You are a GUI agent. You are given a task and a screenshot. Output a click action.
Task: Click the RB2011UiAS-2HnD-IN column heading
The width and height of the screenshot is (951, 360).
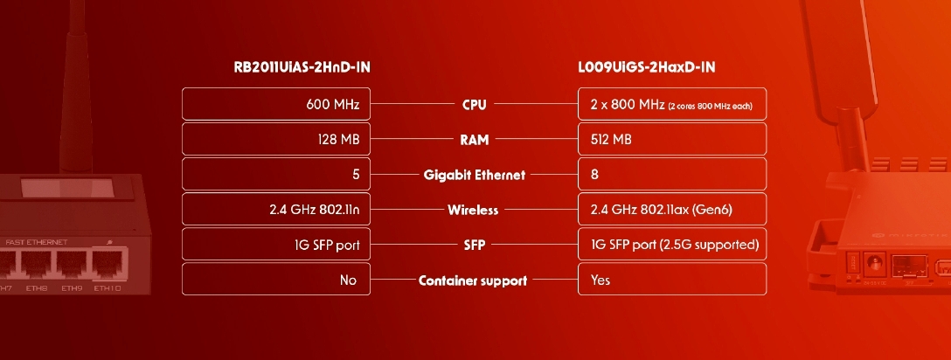(x=302, y=67)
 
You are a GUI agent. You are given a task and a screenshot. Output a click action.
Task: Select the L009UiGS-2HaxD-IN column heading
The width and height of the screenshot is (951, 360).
(x=647, y=67)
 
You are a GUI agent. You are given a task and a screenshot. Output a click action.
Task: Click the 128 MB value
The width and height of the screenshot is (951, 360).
(x=338, y=140)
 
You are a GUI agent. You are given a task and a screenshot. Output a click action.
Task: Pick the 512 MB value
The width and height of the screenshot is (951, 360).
(x=611, y=140)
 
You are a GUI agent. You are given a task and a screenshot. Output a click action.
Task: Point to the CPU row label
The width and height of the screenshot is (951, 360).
(x=475, y=105)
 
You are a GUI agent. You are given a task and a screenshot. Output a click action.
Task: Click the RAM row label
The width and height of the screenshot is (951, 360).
(x=474, y=140)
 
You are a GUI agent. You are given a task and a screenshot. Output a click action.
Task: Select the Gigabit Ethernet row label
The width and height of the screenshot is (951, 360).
(x=475, y=175)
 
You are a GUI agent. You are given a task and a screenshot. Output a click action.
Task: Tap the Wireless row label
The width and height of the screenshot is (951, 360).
(x=473, y=211)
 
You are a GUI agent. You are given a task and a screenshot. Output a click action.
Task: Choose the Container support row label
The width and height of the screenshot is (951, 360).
(x=473, y=280)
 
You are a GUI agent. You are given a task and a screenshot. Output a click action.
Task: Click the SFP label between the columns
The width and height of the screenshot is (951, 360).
(x=474, y=246)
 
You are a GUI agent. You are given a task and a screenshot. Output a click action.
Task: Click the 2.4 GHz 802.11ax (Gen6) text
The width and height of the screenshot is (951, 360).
(x=661, y=210)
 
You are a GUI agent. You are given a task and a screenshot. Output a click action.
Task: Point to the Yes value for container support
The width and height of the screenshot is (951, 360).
(x=600, y=280)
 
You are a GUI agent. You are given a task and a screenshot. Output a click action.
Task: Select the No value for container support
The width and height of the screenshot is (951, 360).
(x=348, y=280)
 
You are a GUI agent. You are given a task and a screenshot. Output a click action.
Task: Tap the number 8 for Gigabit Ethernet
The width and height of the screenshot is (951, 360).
(x=594, y=175)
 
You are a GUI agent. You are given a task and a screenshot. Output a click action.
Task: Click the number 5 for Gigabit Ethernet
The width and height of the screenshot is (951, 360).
(x=356, y=175)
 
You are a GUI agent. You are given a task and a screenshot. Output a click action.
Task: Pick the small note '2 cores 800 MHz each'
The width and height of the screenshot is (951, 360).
(x=711, y=106)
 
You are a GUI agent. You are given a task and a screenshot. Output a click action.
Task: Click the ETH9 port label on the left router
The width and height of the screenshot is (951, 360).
(x=72, y=288)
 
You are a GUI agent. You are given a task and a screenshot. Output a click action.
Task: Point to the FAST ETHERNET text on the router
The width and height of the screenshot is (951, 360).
(x=37, y=242)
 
